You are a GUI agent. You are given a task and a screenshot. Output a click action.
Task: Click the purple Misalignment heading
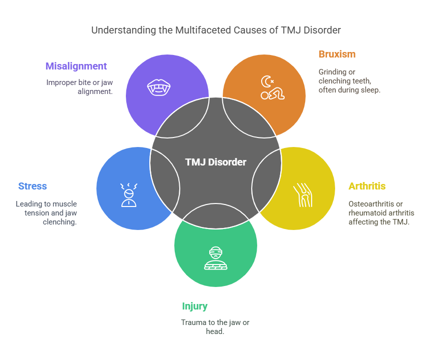76,66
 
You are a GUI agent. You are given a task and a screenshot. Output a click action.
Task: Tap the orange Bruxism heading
337,54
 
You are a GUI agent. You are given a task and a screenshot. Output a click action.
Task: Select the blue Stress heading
32,186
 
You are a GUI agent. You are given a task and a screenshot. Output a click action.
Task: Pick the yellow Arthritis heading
367,186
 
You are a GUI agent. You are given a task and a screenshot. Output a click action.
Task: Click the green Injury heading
195,306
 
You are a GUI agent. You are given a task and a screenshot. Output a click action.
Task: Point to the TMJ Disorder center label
216,162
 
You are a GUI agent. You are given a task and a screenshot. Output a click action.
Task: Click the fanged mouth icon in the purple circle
159,87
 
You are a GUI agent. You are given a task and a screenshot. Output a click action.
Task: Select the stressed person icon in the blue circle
129,195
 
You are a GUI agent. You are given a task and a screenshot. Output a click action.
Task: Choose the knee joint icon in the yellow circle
303,195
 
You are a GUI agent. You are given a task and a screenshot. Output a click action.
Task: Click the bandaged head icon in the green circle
216,258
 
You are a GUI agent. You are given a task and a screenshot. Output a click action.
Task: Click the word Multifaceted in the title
203,30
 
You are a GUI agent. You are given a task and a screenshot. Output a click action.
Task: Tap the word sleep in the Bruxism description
371,90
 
